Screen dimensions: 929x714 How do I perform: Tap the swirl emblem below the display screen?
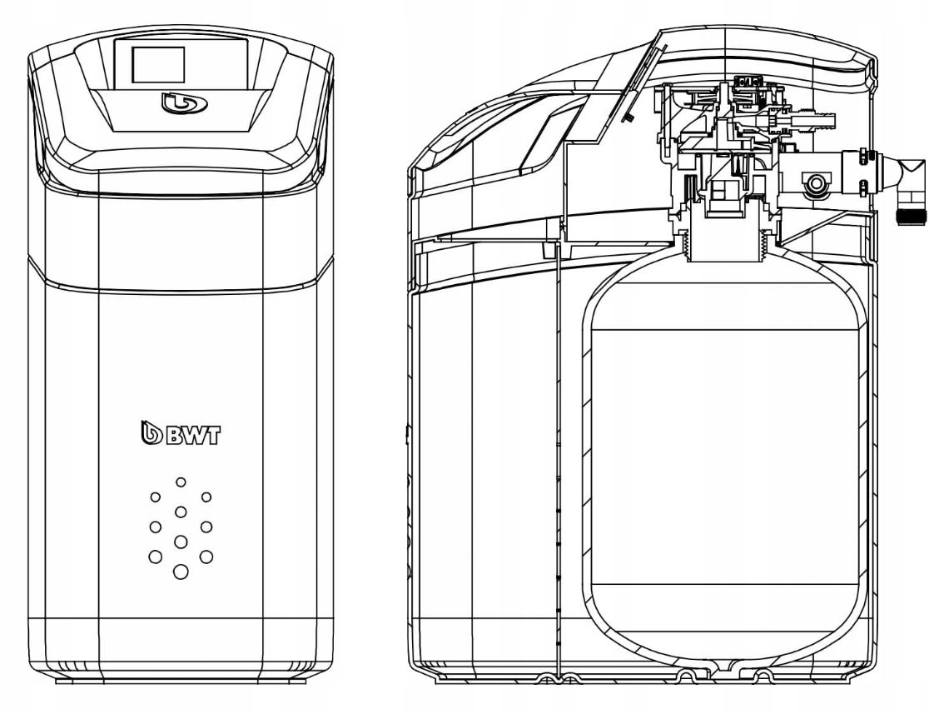pyautogui.click(x=176, y=103)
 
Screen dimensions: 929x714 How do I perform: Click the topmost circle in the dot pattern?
pyautogui.click(x=181, y=482)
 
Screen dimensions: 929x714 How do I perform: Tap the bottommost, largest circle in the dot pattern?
pyautogui.click(x=181, y=572)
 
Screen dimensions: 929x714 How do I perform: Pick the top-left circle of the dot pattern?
pyautogui.click(x=155, y=497)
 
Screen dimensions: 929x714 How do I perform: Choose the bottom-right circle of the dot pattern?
pyautogui.click(x=206, y=556)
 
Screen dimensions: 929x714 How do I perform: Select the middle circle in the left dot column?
pyautogui.click(x=155, y=527)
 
